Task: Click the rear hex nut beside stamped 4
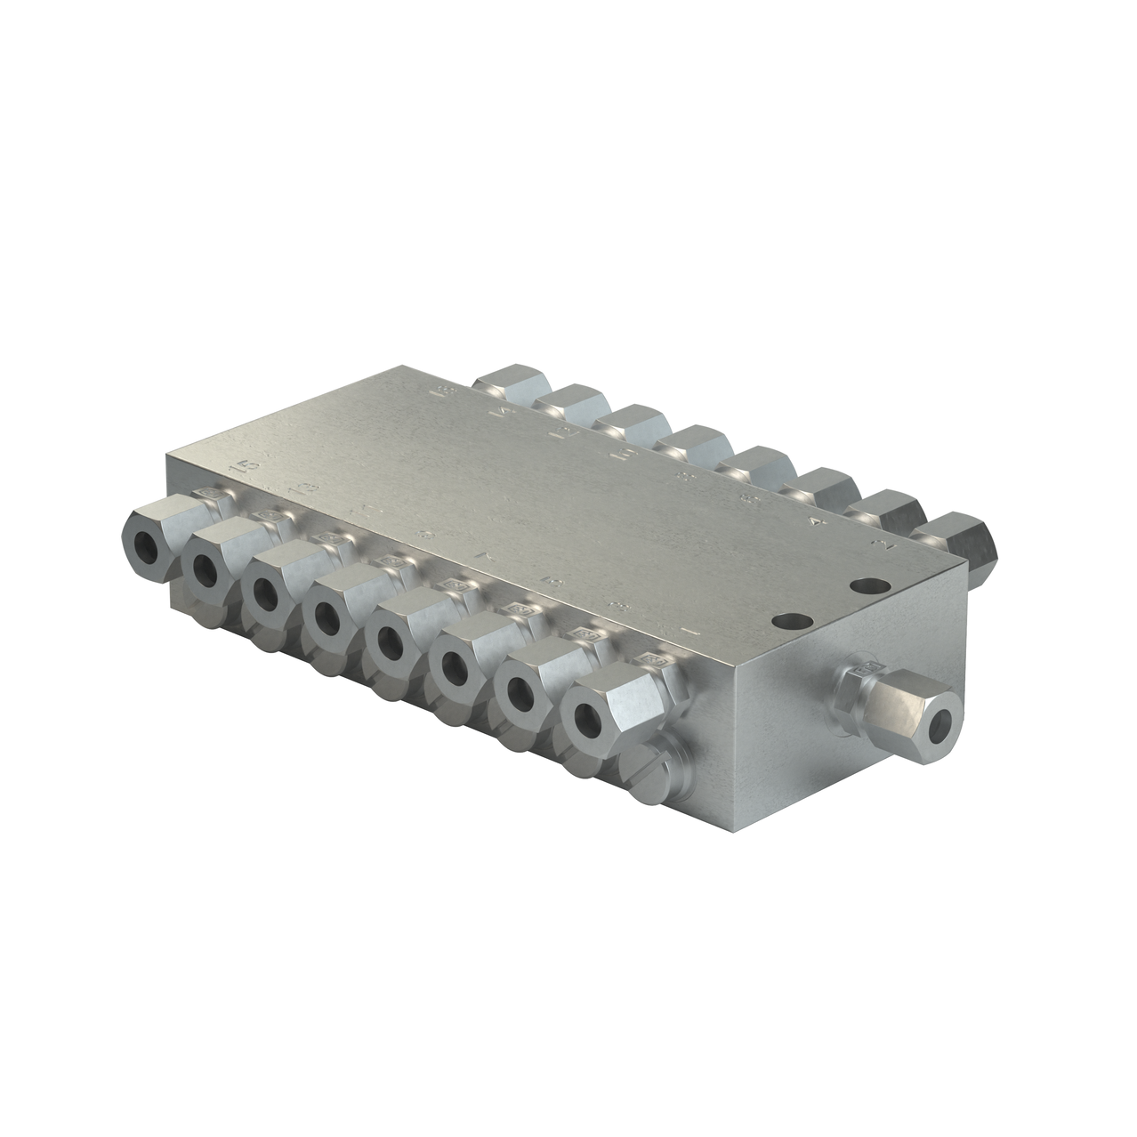pos(886,513)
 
